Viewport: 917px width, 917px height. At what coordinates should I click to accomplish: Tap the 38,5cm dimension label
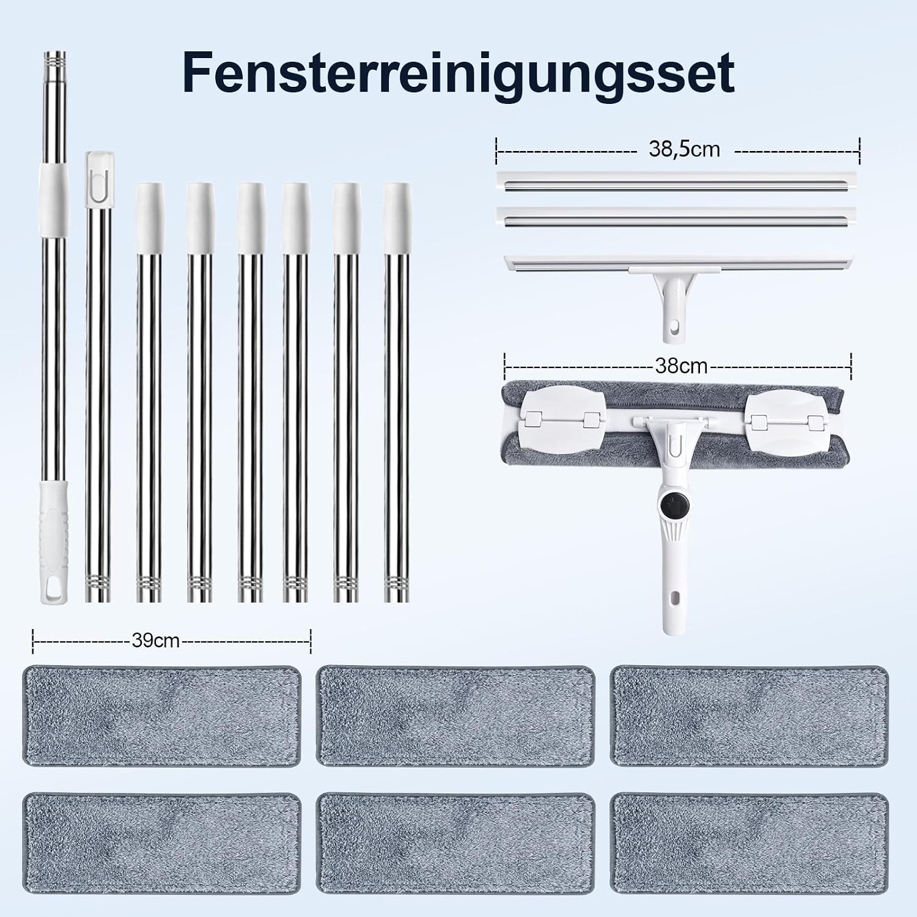point(685,149)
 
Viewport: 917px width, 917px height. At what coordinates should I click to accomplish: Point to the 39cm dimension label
point(155,640)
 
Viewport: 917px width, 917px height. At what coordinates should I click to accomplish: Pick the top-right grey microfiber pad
point(749,715)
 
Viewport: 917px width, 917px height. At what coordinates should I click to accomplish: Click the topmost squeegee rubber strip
point(677,181)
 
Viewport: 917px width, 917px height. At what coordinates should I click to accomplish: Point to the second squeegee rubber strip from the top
point(677,216)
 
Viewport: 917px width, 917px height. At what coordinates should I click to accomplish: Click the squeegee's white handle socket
point(672,306)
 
